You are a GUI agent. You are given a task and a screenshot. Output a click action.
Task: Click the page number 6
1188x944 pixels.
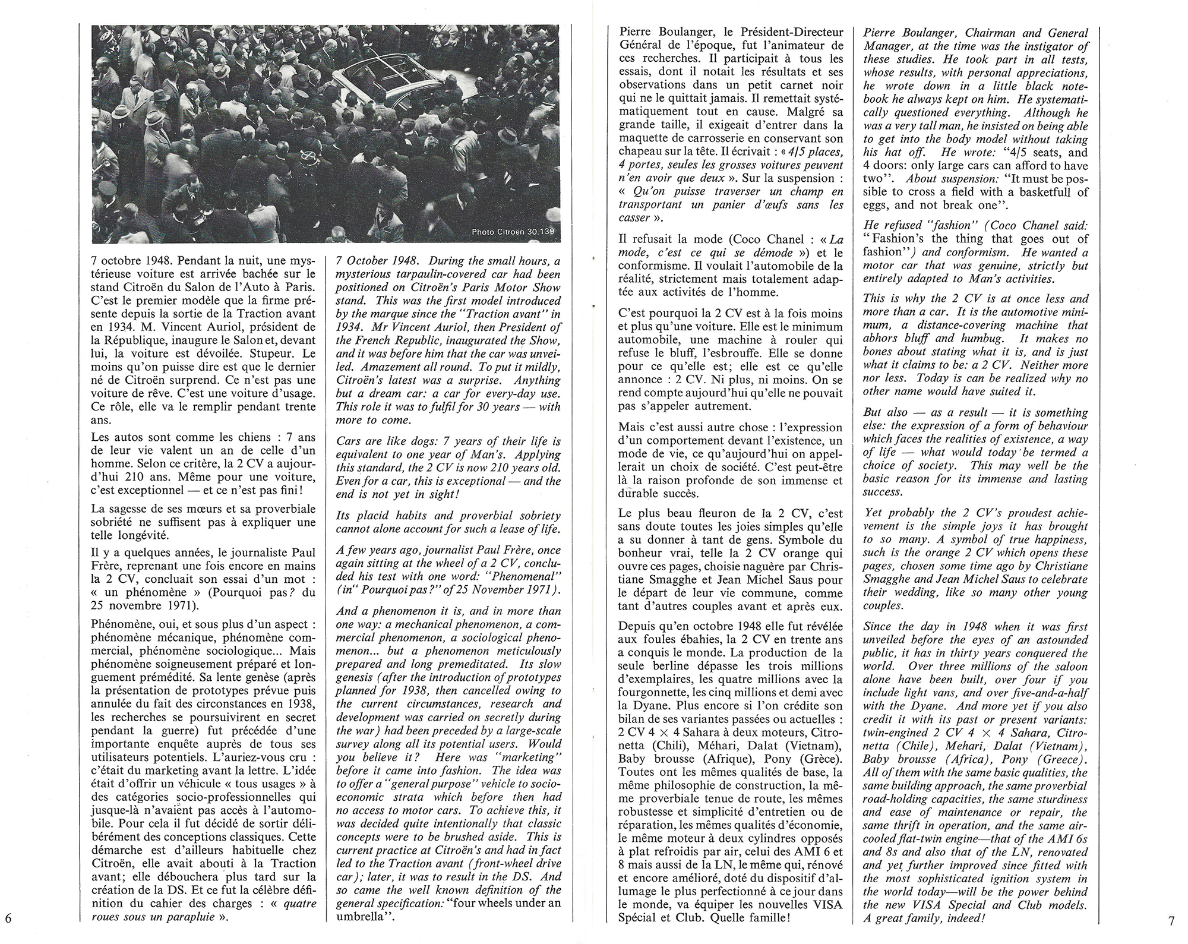[x=8, y=918]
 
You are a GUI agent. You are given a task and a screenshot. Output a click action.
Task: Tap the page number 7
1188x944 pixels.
[x=1171, y=921]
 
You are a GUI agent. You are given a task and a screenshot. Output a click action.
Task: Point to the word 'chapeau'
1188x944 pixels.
[x=639, y=151]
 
